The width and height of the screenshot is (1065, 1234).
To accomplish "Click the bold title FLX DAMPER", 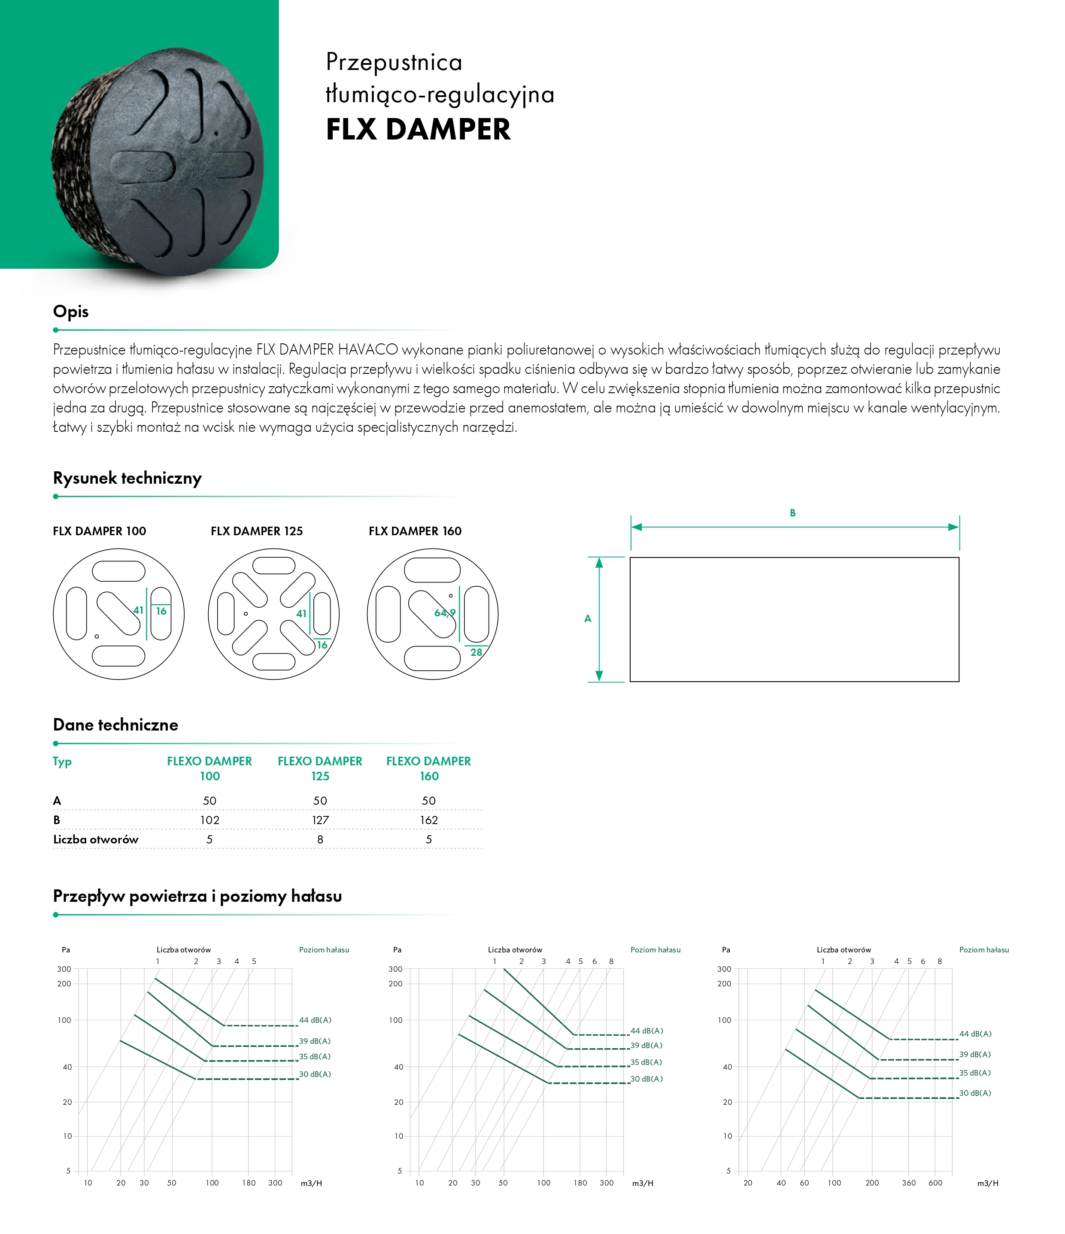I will [418, 130].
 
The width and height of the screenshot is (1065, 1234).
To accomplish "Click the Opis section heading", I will [71, 312].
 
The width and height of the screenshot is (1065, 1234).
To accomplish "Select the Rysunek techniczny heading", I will [127, 478].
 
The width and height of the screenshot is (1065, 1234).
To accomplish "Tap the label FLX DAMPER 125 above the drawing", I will [257, 531].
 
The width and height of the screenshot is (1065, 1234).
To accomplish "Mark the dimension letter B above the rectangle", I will [793, 513].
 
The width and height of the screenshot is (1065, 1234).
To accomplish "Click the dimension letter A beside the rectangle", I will [588, 619].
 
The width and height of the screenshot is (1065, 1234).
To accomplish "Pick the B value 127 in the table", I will [321, 820].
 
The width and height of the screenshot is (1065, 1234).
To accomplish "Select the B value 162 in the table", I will [429, 820].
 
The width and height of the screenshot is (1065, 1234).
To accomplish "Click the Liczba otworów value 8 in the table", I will [321, 840].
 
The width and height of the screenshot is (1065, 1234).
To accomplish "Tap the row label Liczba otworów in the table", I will [96, 840].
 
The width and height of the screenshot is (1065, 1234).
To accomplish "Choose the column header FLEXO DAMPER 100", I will [209, 768].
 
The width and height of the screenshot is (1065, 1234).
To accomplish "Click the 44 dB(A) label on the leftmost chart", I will [315, 1020].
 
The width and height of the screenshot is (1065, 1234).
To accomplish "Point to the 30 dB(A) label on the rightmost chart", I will [975, 1093].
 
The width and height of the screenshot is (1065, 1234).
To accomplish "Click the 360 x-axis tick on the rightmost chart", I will [909, 1183].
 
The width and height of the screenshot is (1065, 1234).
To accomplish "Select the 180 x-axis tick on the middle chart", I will [580, 1183].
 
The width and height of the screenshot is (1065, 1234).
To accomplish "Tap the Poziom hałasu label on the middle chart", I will [655, 950].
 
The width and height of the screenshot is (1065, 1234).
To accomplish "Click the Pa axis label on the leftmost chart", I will [66, 950].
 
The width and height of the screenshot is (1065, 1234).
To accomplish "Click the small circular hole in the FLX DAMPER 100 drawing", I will [97, 637].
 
